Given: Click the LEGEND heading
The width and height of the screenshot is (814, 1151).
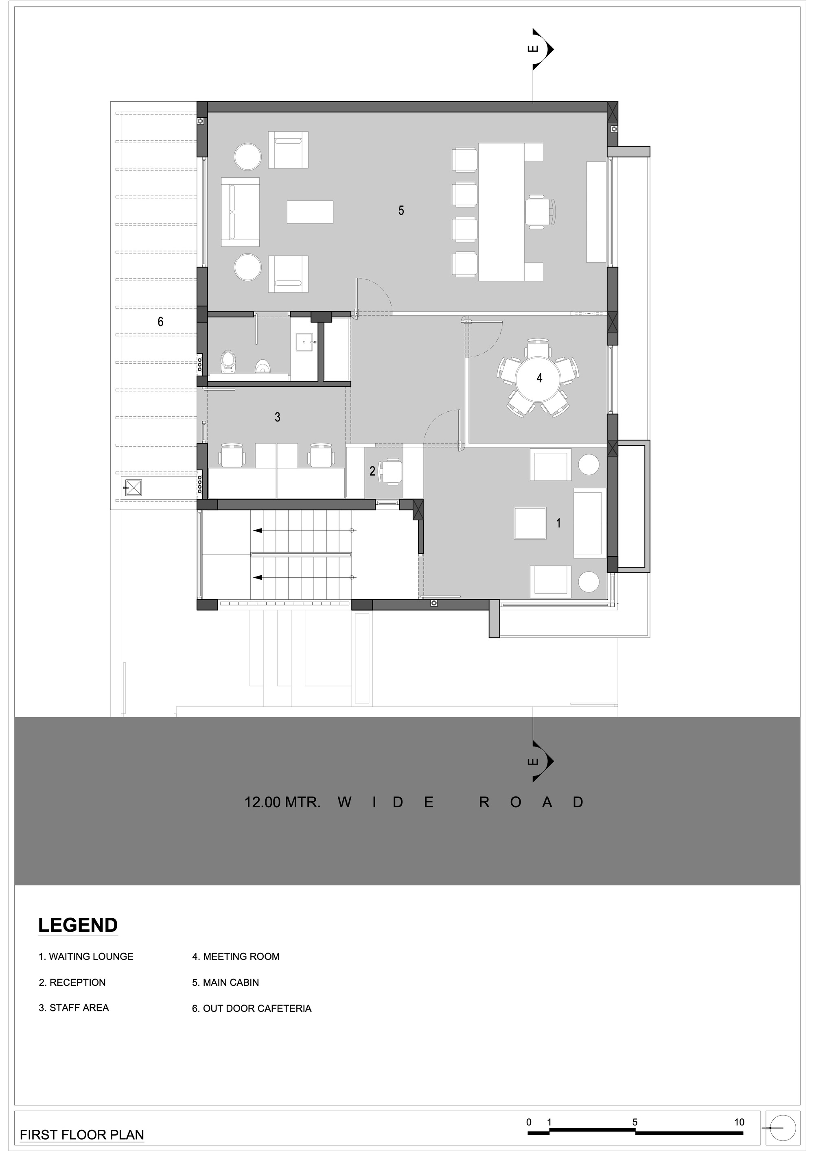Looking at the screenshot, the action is [x=78, y=925].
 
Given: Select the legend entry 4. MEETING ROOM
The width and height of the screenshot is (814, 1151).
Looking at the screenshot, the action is [x=236, y=957].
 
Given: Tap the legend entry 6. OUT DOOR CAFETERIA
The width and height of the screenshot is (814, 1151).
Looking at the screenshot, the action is [x=252, y=1008].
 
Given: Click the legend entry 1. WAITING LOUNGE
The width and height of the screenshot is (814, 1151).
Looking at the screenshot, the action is [x=86, y=957].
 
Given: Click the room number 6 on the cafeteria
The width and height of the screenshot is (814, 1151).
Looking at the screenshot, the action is [x=160, y=322].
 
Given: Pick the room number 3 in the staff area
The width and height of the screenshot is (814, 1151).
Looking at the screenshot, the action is [x=277, y=417].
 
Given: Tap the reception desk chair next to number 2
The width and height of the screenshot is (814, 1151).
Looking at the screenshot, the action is [x=391, y=471].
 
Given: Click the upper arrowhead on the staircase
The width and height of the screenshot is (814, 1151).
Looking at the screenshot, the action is [x=258, y=530].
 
